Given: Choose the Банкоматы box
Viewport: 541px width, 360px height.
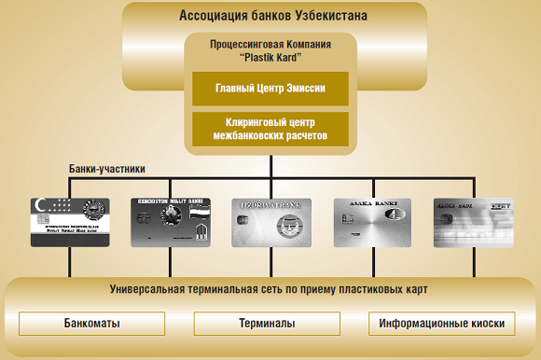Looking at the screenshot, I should pos(91,325).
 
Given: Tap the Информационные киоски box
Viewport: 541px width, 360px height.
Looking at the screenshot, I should pos(442,325).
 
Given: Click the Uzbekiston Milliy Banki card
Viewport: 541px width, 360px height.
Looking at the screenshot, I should pos(170,222).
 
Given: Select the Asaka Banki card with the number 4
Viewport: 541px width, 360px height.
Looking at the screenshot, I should pos(373,222).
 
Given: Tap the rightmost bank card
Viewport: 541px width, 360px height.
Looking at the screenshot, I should pos(474,222).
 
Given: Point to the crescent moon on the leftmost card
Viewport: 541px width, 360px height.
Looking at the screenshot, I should pos(41,203).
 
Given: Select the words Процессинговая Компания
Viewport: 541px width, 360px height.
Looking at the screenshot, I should pos(271,44).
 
